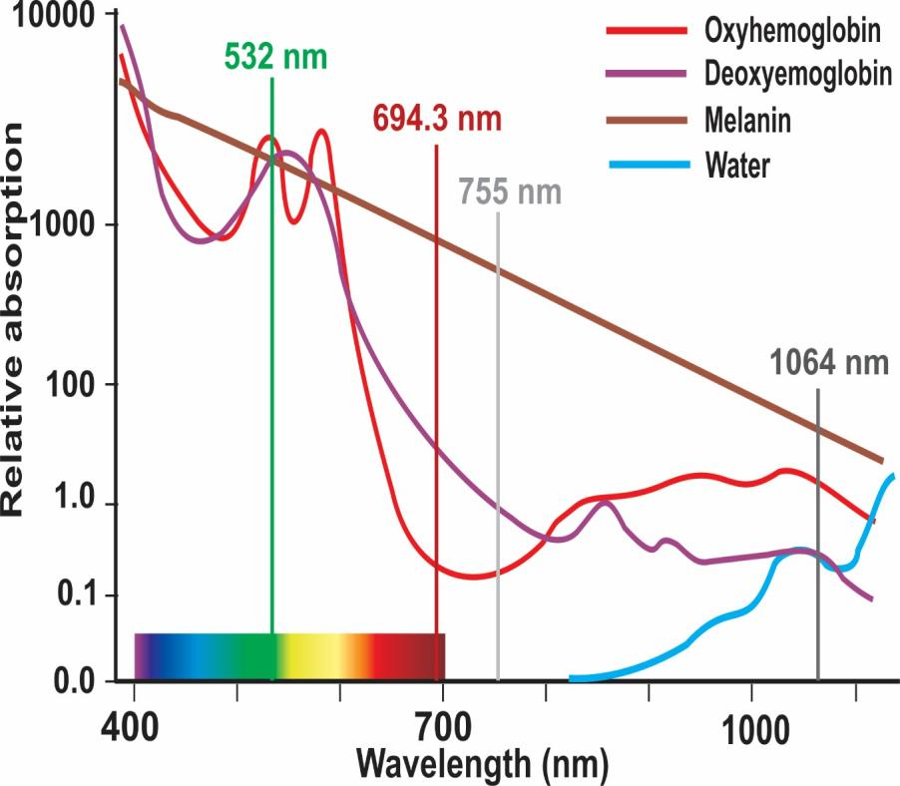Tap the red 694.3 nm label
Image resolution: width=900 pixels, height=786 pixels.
(436, 118)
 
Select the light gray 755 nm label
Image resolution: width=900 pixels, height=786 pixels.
(510, 191)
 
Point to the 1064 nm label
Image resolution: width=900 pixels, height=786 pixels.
(827, 361)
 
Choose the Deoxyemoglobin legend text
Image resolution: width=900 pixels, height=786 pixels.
(797, 75)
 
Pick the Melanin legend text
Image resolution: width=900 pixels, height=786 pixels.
(747, 121)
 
